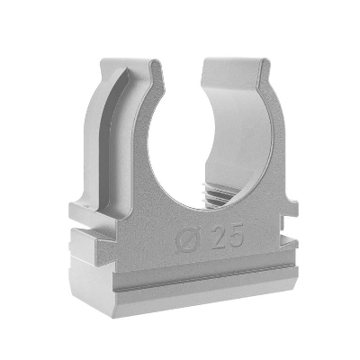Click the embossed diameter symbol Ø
pos(188,239)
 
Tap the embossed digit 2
pos(220,237)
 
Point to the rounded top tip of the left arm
pos(155,64)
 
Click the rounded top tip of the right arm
pos(264,62)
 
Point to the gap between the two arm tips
pos(183,65)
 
